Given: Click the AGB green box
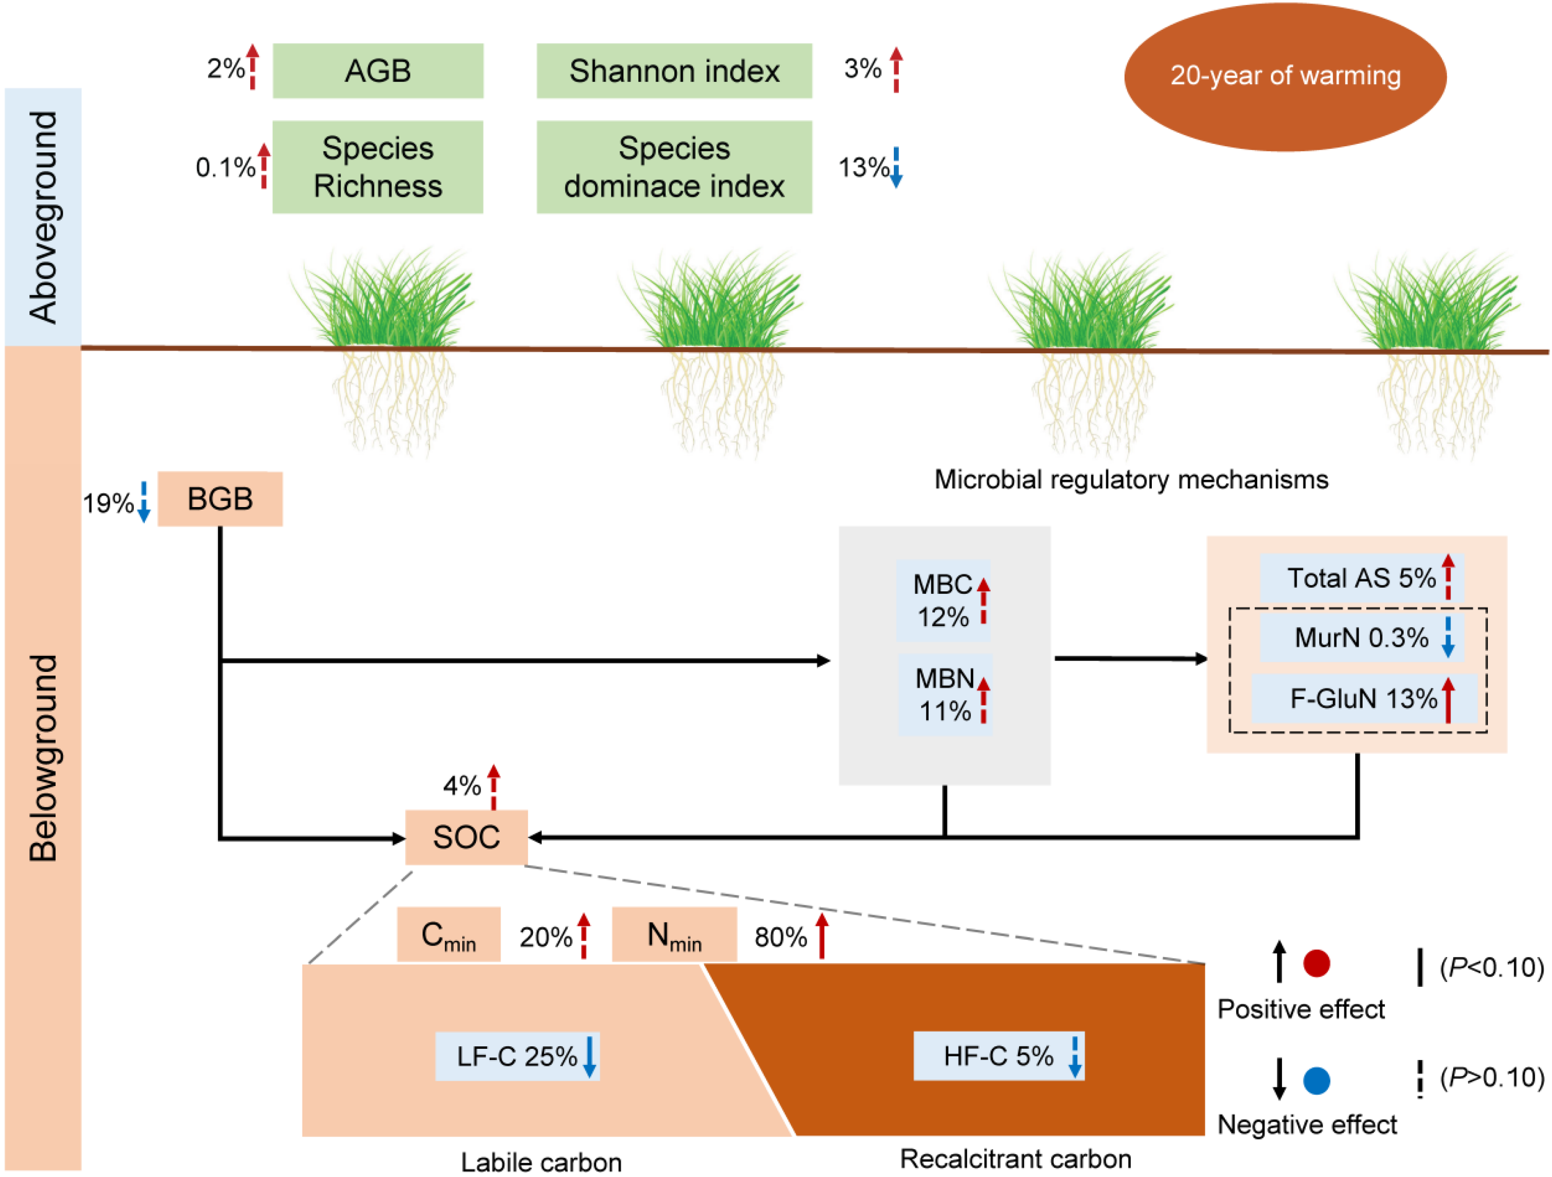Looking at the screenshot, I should pos(378,71).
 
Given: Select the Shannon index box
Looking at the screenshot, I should pos(674,71).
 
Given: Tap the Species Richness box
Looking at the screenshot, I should pos(378,167).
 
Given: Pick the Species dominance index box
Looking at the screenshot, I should pos(674,167).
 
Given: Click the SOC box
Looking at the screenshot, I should pos(466,837).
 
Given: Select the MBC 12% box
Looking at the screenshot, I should pos(942,600).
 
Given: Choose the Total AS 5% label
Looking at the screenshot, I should pos(1361,578).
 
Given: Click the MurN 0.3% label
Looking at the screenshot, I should pos(1361,638).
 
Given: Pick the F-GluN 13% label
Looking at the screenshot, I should pos(1363,699).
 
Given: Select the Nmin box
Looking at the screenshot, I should pos(674,935).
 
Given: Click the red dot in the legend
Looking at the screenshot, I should pos(1316,964).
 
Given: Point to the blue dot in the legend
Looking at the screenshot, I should pos(1316,1081).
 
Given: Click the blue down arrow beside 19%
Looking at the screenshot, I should pos(144,502).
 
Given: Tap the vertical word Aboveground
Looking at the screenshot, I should pos(43,217).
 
